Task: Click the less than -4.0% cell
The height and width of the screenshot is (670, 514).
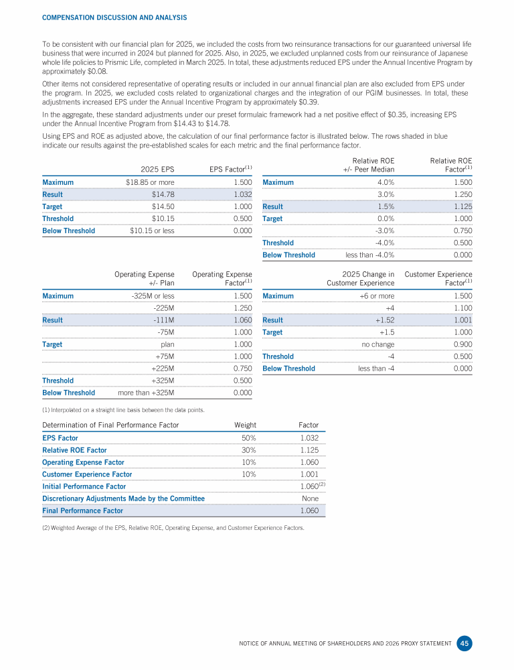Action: [369, 255]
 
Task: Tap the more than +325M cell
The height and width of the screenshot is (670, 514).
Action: [146, 393]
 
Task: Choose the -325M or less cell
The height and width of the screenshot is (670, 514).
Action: [153, 295]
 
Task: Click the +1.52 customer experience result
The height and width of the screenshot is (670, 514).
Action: [383, 320]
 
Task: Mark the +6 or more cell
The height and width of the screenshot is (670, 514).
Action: [377, 295]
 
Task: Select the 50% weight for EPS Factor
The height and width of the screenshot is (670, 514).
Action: [248, 438]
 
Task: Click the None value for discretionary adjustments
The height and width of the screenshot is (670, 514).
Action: [309, 498]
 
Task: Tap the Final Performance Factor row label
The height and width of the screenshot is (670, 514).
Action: [82, 511]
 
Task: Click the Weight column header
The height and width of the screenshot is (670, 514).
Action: [245, 425]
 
